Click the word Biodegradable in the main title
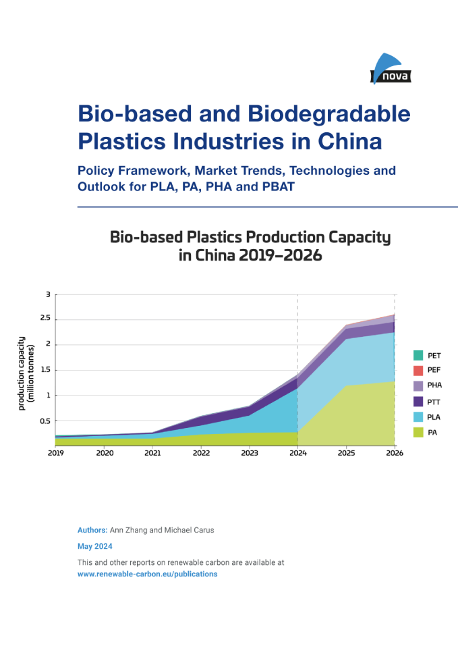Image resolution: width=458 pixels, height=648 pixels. coord(328,113)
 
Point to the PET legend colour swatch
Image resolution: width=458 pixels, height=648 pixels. coord(418,355)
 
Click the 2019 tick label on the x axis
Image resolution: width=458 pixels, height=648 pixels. coord(56,454)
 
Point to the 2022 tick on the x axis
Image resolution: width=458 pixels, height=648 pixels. coord(201,454)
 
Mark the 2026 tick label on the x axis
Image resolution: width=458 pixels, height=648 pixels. coord(395,454)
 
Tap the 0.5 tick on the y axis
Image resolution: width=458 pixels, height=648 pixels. coord(45,421)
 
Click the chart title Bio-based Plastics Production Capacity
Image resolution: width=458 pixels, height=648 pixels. coord(250,238)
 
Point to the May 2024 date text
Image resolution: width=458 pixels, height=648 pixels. coord(95,546)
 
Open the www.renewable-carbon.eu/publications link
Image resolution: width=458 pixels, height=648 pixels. coord(147,574)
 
